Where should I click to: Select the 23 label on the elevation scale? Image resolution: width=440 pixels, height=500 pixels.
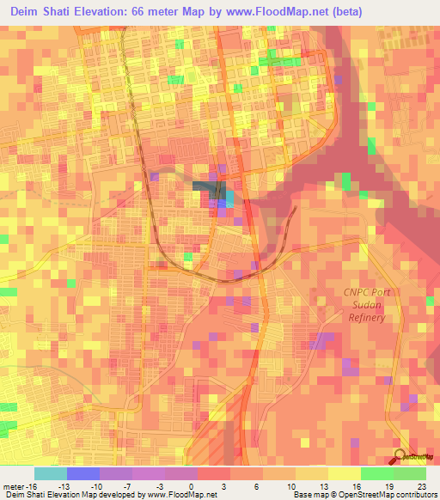click(x=421, y=485)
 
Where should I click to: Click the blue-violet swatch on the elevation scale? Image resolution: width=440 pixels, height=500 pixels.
click(x=82, y=473)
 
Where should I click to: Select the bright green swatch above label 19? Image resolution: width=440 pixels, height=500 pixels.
click(x=377, y=473)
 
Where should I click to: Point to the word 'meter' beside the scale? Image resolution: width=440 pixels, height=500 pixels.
click(x=12, y=485)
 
